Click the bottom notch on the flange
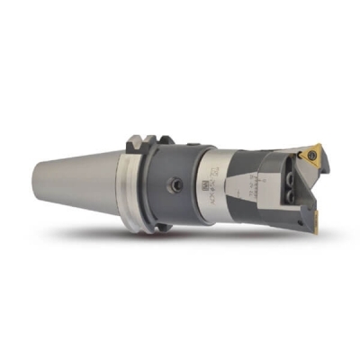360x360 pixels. [144, 229]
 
